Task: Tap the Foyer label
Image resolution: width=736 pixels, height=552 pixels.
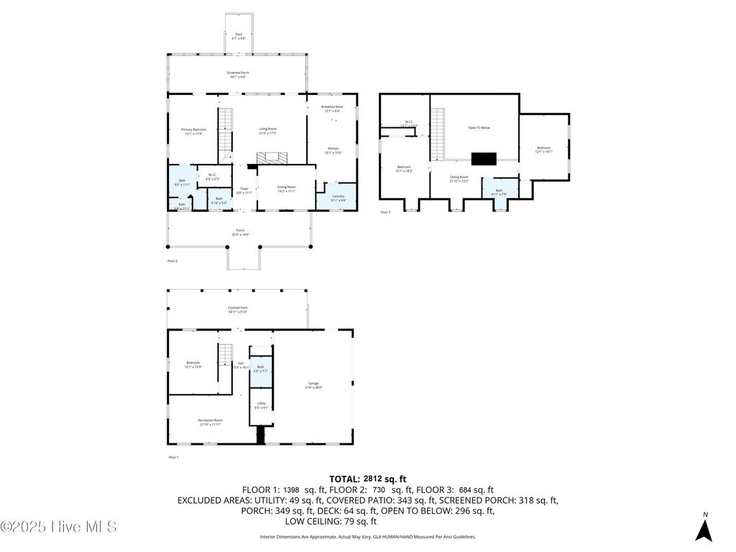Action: (244, 190)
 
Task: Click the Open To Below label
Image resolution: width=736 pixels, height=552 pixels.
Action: (479, 128)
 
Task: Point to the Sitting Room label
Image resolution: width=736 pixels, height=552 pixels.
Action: (459, 179)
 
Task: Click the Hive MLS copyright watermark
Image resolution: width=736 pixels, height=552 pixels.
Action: (59, 527)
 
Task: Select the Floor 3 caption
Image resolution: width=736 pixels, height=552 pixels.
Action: (385, 212)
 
